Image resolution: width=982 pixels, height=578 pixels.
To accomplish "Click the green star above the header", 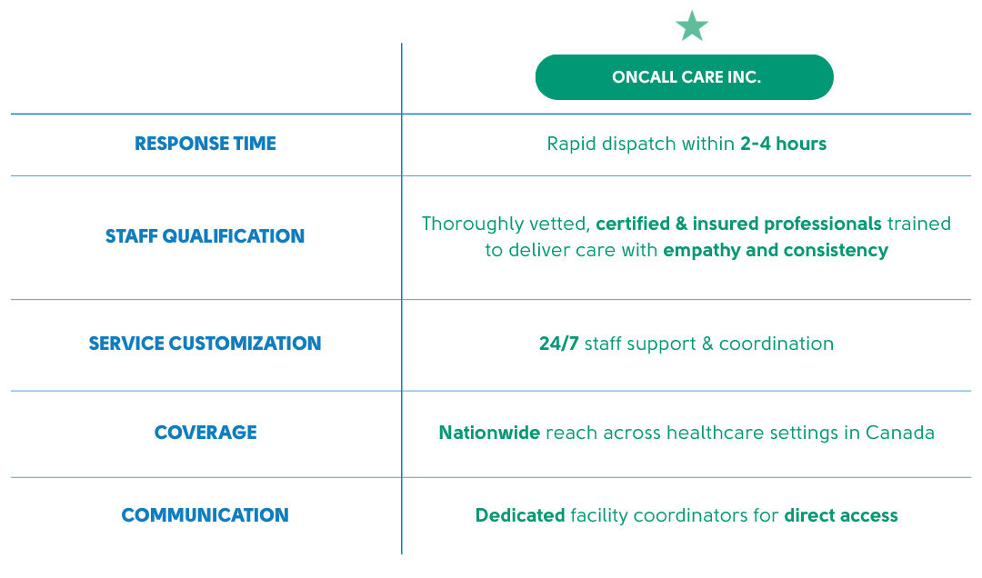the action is pos(692,26).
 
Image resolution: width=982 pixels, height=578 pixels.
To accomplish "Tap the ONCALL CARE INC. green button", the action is pos(685,77).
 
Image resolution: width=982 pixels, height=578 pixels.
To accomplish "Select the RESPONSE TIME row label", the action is pos(205,144).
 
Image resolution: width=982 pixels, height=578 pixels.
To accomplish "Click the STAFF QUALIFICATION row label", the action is pos(205,236).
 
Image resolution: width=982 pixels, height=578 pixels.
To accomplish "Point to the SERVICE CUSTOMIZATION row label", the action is pos(205,344).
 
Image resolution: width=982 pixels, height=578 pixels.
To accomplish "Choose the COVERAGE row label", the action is pos(205,432).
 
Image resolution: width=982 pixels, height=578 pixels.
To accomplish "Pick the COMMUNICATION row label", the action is pos(205,514).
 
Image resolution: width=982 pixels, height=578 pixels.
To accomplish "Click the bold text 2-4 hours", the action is pos(784,144).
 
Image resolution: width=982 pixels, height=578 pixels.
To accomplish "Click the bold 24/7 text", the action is pos(558,344).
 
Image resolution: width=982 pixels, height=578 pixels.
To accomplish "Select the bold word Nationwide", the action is pos(489,432).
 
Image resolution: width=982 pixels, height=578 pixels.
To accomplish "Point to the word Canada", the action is pos(900,432).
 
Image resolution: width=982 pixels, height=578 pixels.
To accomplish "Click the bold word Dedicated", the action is pos(520,514).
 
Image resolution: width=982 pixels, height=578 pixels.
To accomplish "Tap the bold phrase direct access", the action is pos(841,514).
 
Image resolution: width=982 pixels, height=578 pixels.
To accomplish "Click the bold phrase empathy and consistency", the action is pos(776,251).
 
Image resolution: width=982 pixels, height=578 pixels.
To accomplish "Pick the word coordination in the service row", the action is pos(776,344).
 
